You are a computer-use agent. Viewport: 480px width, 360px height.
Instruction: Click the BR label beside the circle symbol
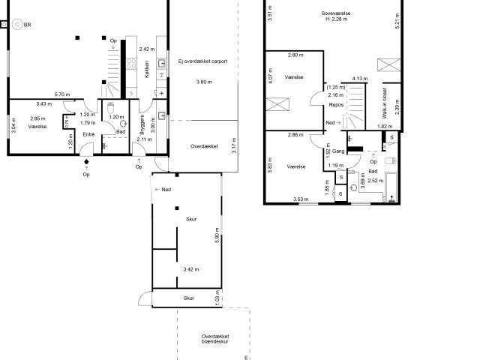click(28, 25)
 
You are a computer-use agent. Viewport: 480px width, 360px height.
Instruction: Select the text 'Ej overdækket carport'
click(202, 61)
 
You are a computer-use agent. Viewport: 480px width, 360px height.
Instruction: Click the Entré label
click(88, 134)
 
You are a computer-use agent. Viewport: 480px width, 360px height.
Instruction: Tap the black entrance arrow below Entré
click(87, 160)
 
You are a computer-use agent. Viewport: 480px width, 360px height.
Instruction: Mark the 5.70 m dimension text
click(63, 94)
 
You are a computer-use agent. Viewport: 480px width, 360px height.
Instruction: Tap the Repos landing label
click(336, 105)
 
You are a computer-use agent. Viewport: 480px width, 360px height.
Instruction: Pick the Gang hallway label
click(338, 151)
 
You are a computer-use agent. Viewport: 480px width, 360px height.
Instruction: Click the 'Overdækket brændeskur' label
click(214, 339)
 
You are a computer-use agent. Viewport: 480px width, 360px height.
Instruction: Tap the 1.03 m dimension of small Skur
click(217, 301)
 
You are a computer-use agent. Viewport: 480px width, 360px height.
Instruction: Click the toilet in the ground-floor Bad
click(110, 107)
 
